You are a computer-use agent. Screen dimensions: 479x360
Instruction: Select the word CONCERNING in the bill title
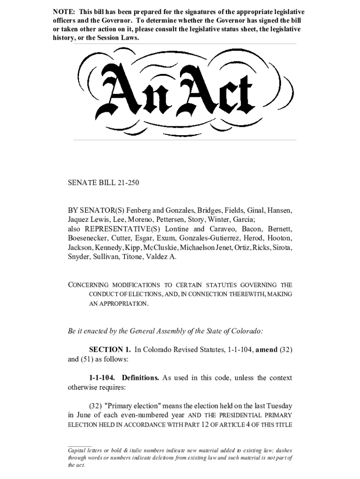88,285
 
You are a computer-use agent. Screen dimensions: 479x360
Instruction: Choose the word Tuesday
279,406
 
